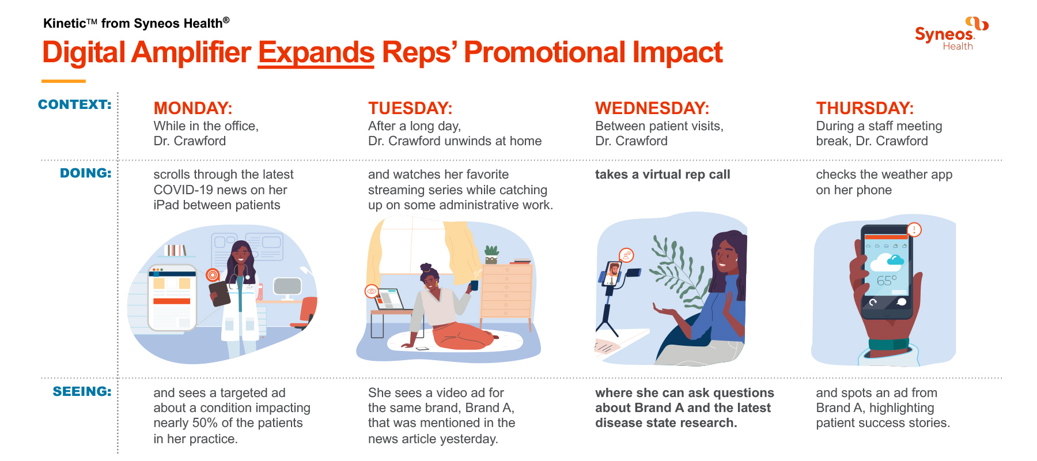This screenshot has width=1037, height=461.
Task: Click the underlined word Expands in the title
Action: pos(316,52)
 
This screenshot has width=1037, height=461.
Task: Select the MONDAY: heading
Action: pos(193,108)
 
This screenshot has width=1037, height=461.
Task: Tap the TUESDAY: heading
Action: pos(410,108)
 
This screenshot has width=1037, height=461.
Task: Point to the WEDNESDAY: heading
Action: pos(652,108)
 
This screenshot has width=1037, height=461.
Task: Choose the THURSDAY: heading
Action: pos(865,108)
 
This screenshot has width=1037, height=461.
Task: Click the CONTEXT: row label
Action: pos(75,104)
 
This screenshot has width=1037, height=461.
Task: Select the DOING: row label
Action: pos(86,173)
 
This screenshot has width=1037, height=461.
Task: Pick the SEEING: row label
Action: pos(82,391)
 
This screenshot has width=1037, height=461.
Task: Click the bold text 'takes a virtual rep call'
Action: pos(663,175)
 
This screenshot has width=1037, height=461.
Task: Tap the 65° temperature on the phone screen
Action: pos(887,281)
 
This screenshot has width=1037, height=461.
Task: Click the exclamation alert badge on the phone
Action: pos(914,230)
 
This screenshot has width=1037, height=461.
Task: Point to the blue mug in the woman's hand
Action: pos(474,285)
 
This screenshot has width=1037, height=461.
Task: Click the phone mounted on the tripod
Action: pos(613,274)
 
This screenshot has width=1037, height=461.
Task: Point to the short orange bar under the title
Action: pos(63,81)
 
